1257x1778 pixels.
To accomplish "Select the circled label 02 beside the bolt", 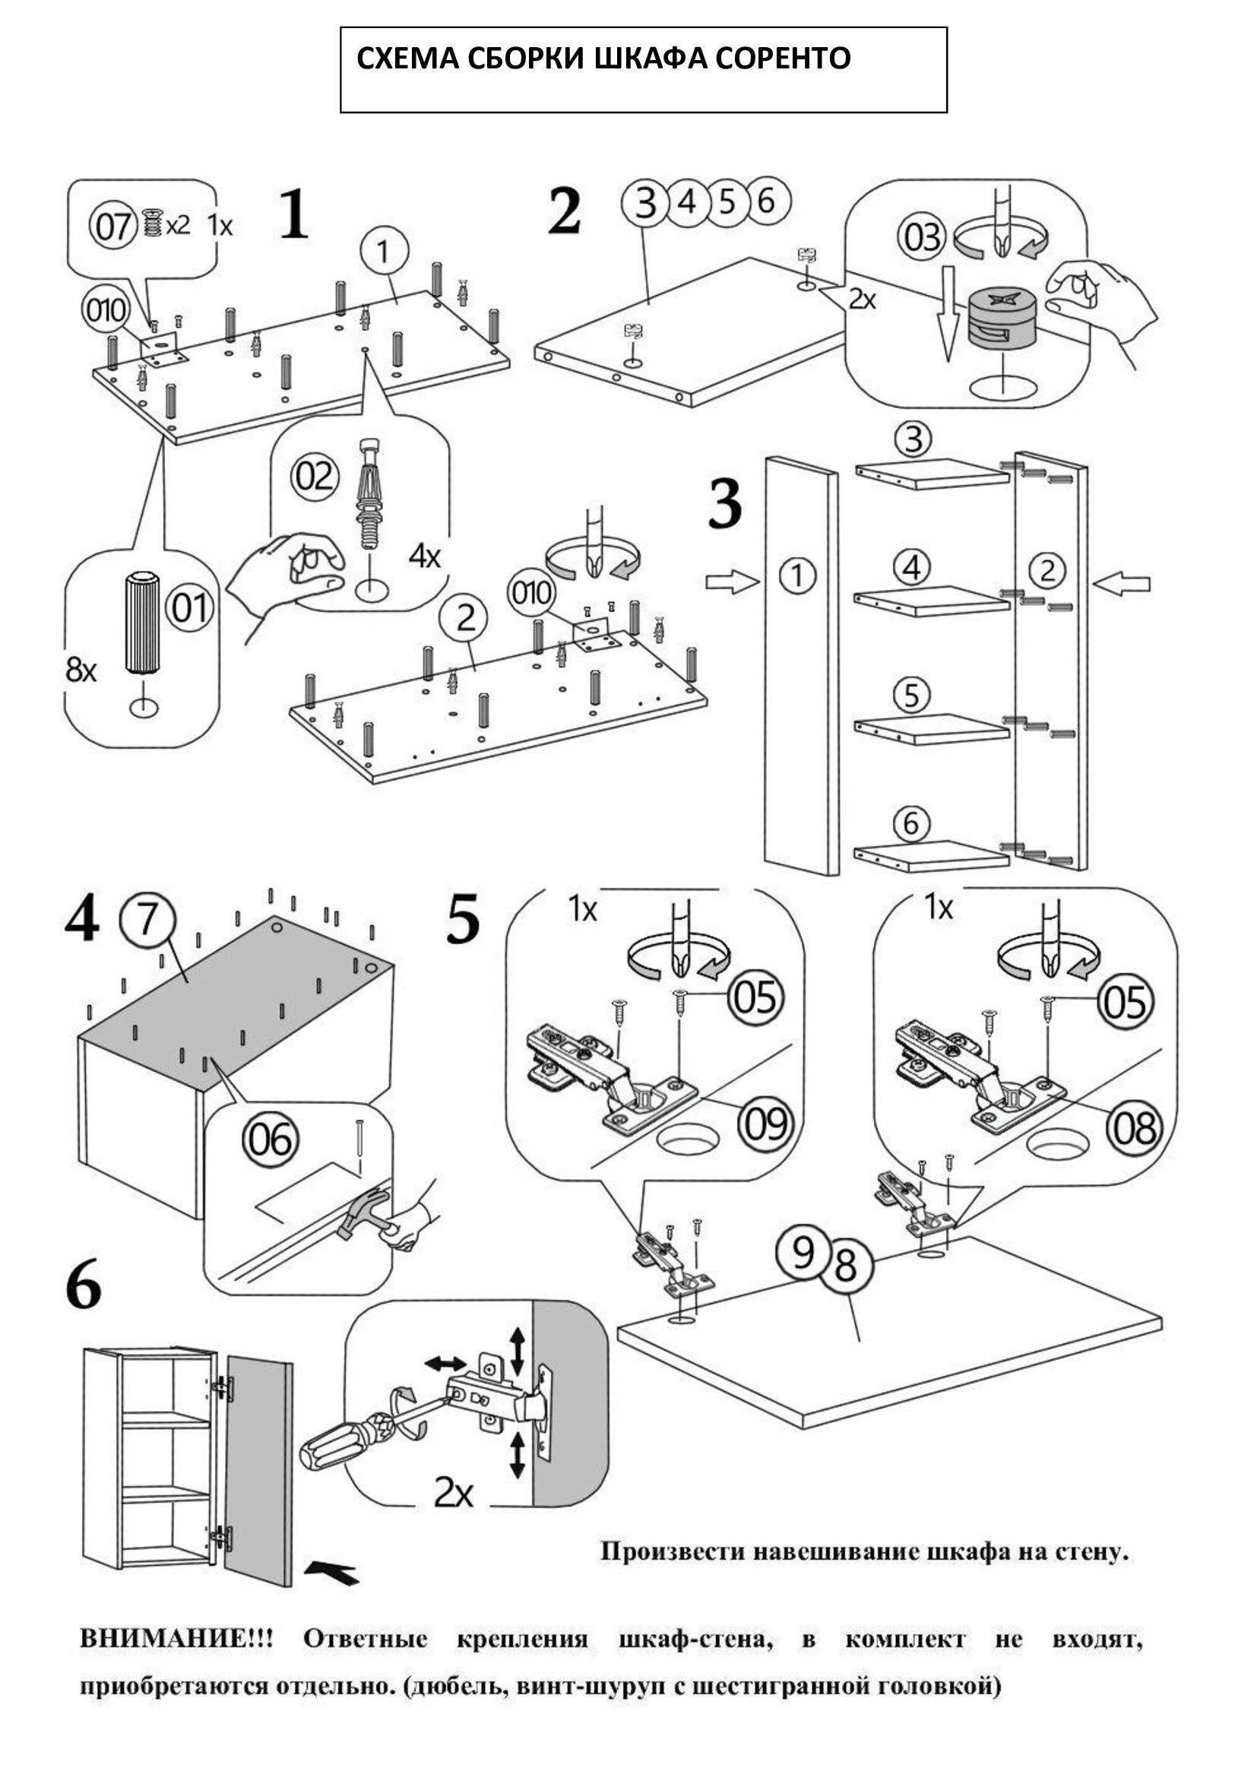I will [315, 475].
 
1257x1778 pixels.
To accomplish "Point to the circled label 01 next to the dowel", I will [190, 608].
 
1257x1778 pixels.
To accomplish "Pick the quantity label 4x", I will [424, 556].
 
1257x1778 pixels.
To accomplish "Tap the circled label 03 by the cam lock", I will [922, 237].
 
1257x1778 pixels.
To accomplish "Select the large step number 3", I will [725, 506].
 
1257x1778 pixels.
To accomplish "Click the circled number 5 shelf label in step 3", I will [912, 696].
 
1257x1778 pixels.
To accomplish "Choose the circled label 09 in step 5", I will [765, 1124].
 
